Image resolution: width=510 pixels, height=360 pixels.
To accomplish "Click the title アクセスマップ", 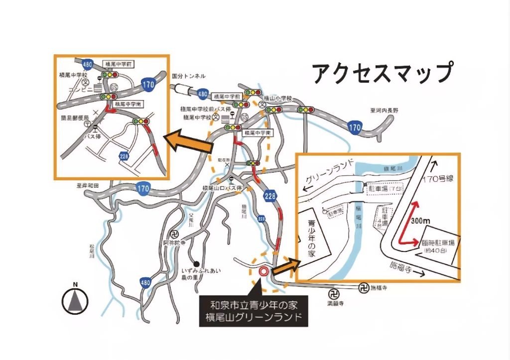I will (x=382, y=73).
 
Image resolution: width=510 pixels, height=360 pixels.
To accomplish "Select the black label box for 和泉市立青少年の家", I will (x=253, y=311).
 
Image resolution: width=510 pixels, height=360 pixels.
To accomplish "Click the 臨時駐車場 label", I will (x=438, y=243).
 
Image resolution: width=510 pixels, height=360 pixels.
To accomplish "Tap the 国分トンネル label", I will (x=188, y=76).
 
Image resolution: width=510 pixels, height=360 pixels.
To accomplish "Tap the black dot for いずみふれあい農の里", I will (x=197, y=264).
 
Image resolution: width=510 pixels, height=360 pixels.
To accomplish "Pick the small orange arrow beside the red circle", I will (x=283, y=267).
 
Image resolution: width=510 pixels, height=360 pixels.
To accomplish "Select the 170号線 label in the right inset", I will (x=437, y=178).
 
